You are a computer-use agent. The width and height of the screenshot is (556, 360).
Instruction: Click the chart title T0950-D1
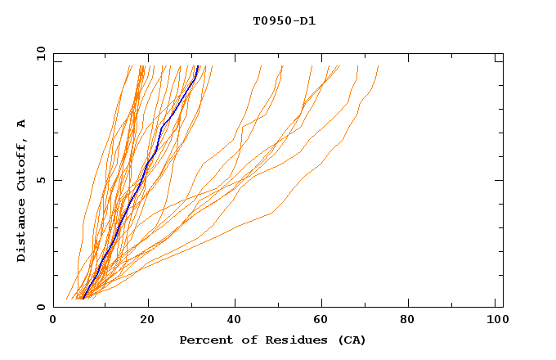(284, 21)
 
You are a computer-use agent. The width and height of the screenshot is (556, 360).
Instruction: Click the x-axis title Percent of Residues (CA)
(272, 340)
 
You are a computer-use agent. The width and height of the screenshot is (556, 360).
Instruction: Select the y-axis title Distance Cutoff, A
(21, 191)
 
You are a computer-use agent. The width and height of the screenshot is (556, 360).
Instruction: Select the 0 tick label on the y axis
(41, 307)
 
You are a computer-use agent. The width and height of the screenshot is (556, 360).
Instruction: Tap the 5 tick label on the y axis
(41, 180)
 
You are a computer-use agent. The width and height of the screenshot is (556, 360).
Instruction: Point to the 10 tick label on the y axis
(38, 54)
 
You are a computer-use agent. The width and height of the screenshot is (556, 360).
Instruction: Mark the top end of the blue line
(198, 66)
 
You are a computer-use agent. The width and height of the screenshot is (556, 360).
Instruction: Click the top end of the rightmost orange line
(379, 66)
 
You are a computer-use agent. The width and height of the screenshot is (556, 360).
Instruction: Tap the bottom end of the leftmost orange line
(66, 299)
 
